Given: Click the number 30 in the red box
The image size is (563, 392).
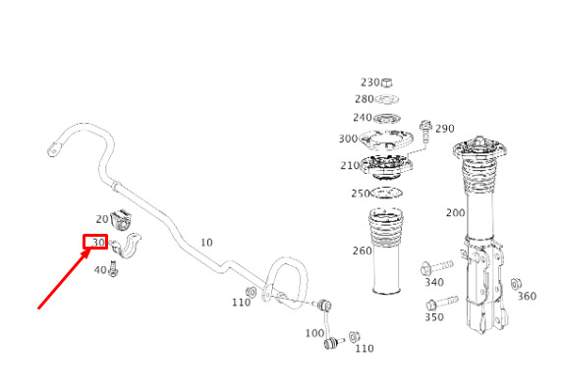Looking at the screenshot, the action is [x=98, y=243].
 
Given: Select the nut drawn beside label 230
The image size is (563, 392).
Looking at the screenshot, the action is [x=386, y=83].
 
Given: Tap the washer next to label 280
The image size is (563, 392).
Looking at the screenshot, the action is [x=387, y=99].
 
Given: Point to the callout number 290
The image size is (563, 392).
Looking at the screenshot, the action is [x=444, y=128].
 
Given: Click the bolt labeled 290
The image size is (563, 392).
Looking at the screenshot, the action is [x=425, y=132].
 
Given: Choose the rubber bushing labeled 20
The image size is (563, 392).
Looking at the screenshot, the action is [x=121, y=219].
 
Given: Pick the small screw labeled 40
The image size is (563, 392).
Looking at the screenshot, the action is [x=114, y=269].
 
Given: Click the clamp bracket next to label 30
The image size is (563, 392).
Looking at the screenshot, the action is [x=126, y=246].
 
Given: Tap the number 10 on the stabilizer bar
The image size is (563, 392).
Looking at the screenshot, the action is [x=206, y=243].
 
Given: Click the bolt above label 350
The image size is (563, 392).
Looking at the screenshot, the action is [x=442, y=303].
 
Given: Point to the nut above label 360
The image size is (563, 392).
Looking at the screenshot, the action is [x=516, y=284].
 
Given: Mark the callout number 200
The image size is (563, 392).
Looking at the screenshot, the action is [x=455, y=213].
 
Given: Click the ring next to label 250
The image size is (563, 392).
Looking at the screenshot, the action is [x=386, y=194].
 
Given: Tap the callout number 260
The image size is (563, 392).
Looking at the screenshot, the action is [x=362, y=251].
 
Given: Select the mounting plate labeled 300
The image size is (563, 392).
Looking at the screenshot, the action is [x=386, y=140].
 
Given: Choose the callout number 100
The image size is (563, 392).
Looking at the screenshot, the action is [x=314, y=333].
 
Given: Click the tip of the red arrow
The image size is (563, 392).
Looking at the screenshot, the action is [x=89, y=251].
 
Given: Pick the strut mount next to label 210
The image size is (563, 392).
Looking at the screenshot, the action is [x=387, y=167].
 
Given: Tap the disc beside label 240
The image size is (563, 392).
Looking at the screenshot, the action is [x=387, y=118].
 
